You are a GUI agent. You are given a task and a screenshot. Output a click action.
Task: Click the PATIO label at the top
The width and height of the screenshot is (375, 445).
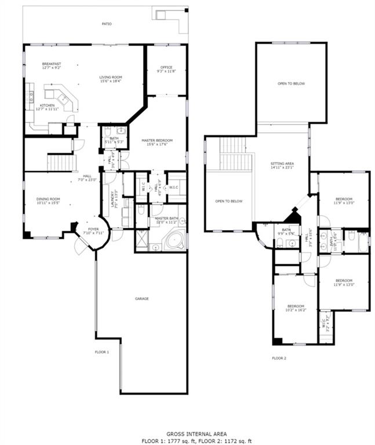coord(106,24)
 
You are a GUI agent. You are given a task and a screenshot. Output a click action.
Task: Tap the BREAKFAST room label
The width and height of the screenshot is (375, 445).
coord(52,64)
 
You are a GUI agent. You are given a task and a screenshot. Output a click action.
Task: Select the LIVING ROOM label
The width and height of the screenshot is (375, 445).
coord(110,77)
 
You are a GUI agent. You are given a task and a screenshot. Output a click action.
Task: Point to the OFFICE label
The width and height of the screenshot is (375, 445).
coord(166,68)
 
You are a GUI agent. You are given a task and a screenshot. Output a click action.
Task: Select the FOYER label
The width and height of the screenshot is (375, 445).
coord(93,229)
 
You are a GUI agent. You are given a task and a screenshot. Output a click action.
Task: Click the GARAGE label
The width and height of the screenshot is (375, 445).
coord(142,298)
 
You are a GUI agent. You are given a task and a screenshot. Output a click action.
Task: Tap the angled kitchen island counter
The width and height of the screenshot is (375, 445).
coord(60,99)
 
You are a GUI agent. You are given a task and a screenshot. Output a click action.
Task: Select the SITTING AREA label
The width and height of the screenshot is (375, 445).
coord(282,164)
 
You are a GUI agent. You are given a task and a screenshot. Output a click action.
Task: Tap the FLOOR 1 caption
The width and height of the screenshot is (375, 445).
coord(102,352)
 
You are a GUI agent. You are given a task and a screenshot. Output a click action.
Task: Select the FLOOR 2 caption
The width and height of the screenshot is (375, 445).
coord(279,358)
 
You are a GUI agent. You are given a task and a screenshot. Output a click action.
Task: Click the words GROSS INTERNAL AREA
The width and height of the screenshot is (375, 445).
coord(188,433)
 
